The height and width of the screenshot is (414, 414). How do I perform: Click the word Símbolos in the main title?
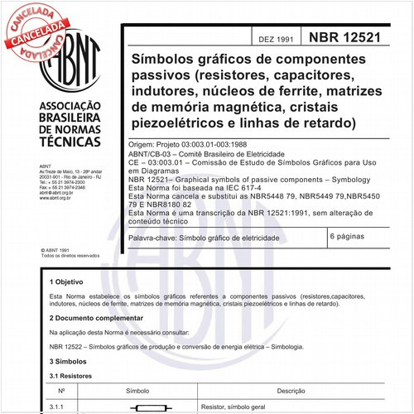[x=166, y=60]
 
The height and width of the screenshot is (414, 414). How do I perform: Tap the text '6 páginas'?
[x=351, y=237]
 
